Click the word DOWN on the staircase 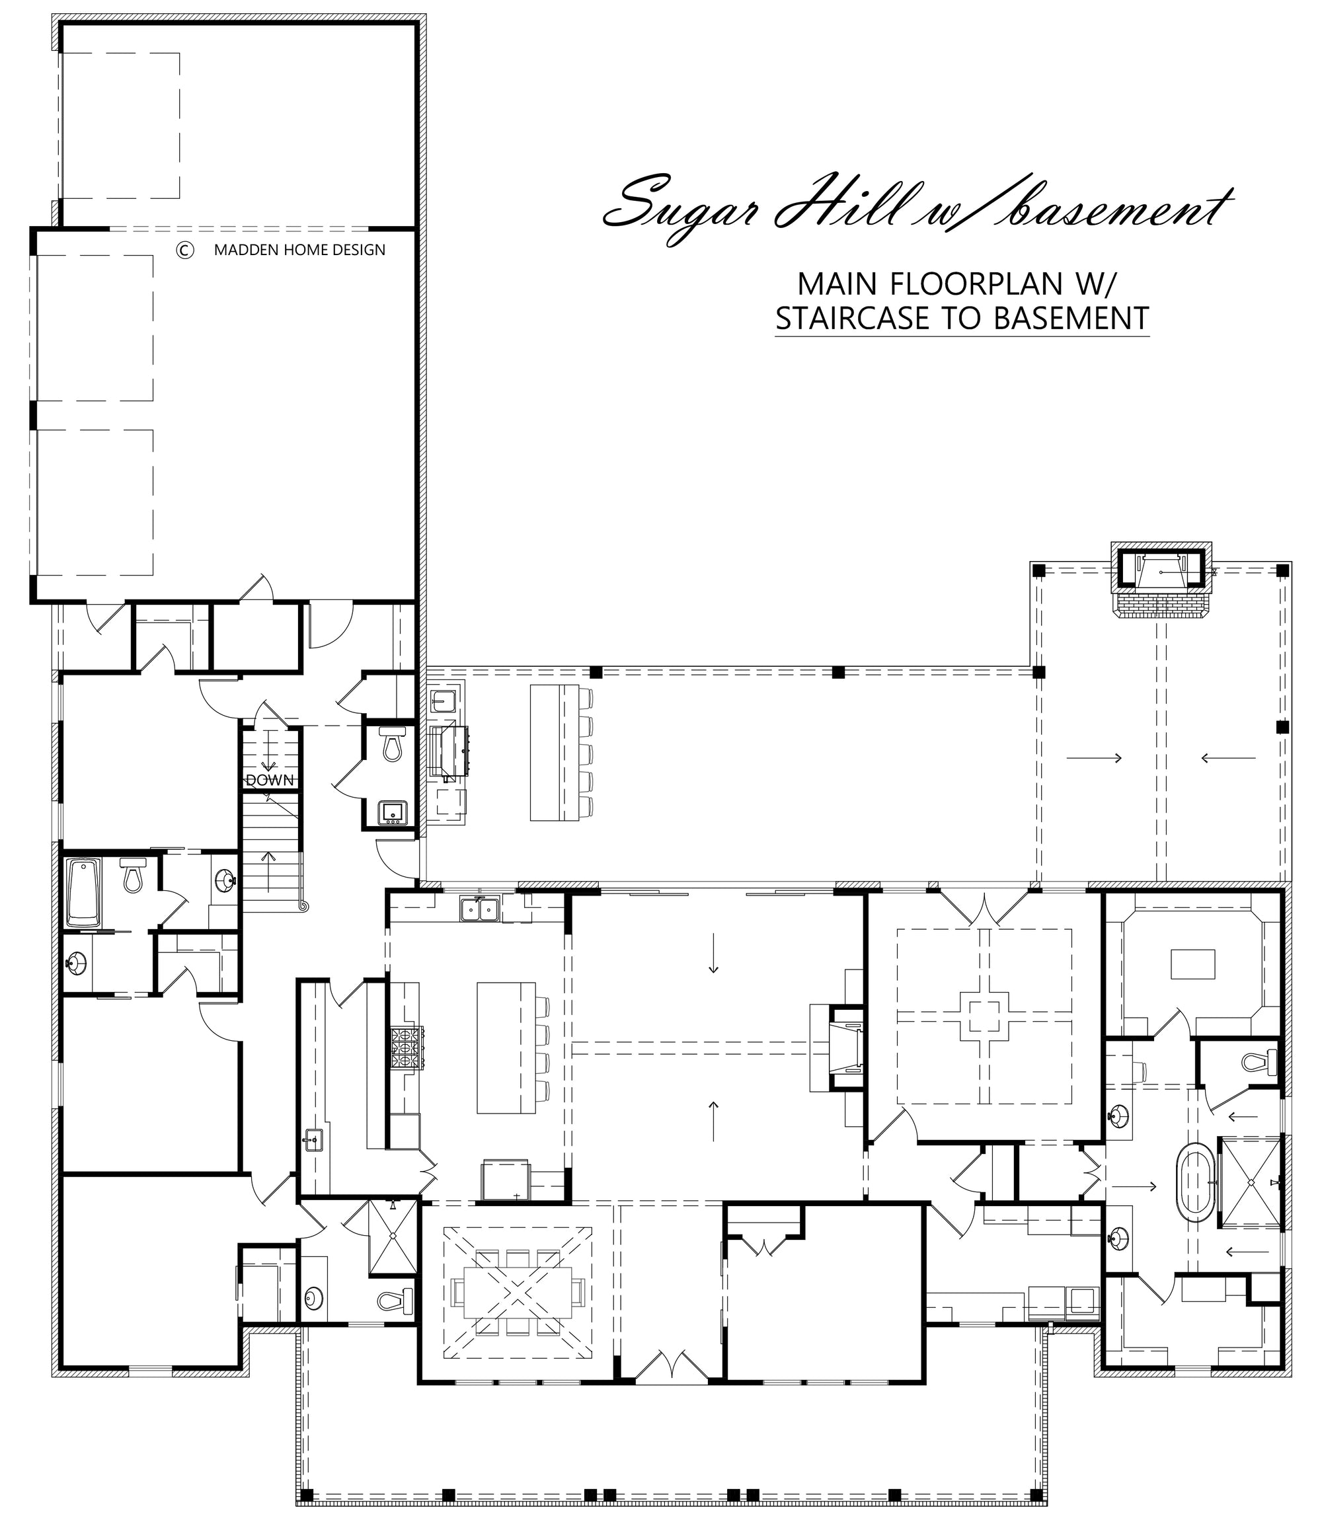pos(269,780)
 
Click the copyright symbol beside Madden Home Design pos(184,250)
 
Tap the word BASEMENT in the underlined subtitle pos(1071,319)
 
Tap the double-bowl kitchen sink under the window pos(479,909)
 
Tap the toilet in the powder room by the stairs pos(392,743)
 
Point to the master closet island pos(1193,964)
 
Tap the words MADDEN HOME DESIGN pos(299,250)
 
